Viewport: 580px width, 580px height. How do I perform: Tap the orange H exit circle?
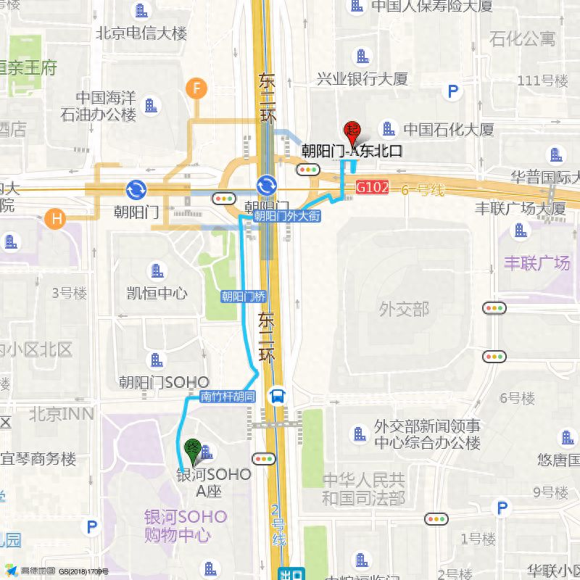point(54,217)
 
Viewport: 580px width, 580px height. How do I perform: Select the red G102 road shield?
point(373,188)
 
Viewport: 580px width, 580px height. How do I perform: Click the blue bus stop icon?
point(277,396)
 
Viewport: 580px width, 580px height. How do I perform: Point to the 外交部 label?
point(404,310)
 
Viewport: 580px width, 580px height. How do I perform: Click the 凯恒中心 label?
point(157,293)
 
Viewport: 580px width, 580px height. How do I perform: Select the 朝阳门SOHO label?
point(164,382)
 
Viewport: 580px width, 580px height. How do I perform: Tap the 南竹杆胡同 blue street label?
point(228,397)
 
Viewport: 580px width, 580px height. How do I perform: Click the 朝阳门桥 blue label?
point(244,296)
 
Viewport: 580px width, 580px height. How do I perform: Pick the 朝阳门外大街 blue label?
point(286,216)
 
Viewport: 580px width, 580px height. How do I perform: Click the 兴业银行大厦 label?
point(362,78)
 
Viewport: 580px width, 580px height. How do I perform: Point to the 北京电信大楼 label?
point(141,33)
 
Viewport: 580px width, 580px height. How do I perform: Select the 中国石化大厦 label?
point(448,130)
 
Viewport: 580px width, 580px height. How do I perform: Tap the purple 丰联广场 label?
point(537,262)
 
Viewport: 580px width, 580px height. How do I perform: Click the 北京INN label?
point(62,414)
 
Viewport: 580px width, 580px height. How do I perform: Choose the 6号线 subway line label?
point(424,190)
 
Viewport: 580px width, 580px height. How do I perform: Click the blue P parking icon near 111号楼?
point(454,91)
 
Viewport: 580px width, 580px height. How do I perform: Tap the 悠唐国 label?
point(558,460)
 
